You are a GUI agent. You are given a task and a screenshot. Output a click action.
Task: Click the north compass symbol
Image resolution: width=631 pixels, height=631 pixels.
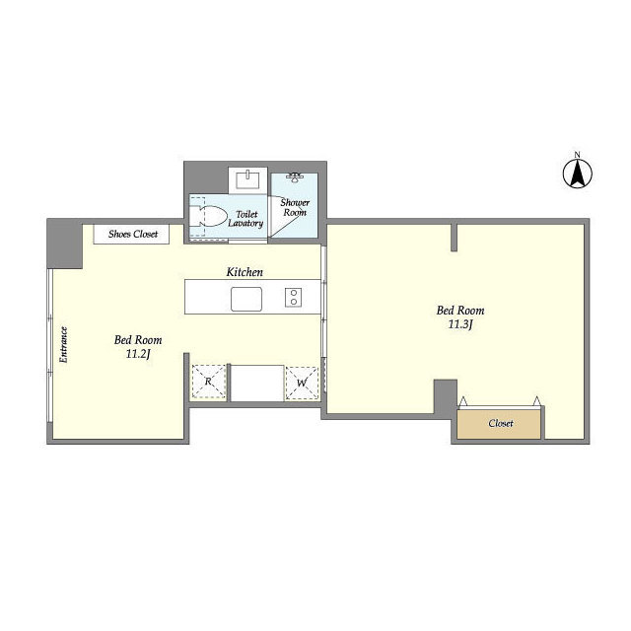pos(578,174)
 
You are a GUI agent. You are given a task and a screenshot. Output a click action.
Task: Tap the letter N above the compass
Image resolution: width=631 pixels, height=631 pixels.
pos(578,155)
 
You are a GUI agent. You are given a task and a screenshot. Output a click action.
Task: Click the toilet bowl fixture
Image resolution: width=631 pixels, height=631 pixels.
pos(208,216)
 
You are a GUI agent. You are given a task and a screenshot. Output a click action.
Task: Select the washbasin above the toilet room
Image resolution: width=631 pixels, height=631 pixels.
pos(247,179)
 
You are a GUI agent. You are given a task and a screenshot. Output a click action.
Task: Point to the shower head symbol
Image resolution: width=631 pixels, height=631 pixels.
pos(295,177)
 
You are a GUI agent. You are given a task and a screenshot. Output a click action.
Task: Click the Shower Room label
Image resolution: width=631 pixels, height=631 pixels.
pos(295,207)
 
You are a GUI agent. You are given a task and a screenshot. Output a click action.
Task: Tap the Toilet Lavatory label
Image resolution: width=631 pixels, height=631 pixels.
pos(245,219)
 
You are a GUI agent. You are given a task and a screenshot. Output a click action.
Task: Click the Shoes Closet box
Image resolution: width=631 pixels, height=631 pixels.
pos(131,235)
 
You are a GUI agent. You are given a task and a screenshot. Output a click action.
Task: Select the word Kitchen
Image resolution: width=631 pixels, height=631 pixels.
pos(245,272)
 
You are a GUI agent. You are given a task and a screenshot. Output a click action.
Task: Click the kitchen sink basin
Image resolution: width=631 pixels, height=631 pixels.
pos(246,299)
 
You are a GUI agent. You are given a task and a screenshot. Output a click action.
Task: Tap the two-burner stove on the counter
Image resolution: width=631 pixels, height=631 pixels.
pos(294,298)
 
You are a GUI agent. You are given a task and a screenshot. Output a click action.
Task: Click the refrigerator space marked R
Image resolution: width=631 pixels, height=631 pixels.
pos(208,382)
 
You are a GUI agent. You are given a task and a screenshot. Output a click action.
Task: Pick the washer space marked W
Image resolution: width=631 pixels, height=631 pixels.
pos(302,384)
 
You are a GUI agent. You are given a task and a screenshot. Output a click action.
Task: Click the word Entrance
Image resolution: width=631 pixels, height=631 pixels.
pos(63,344)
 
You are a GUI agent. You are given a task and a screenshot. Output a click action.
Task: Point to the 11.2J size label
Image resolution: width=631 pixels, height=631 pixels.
pos(138,354)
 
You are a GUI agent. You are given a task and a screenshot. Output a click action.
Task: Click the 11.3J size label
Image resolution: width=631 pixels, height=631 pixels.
pos(460,324)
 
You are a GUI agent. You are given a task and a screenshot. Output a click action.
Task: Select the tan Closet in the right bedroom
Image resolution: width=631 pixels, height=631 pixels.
pos(499,424)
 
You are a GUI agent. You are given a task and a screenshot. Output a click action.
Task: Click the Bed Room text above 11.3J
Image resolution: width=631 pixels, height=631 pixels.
pos(460,311)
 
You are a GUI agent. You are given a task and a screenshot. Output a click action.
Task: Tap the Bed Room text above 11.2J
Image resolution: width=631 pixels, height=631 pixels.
pos(138,340)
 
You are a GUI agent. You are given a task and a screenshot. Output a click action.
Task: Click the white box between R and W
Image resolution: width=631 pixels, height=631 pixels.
pos(257,383)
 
